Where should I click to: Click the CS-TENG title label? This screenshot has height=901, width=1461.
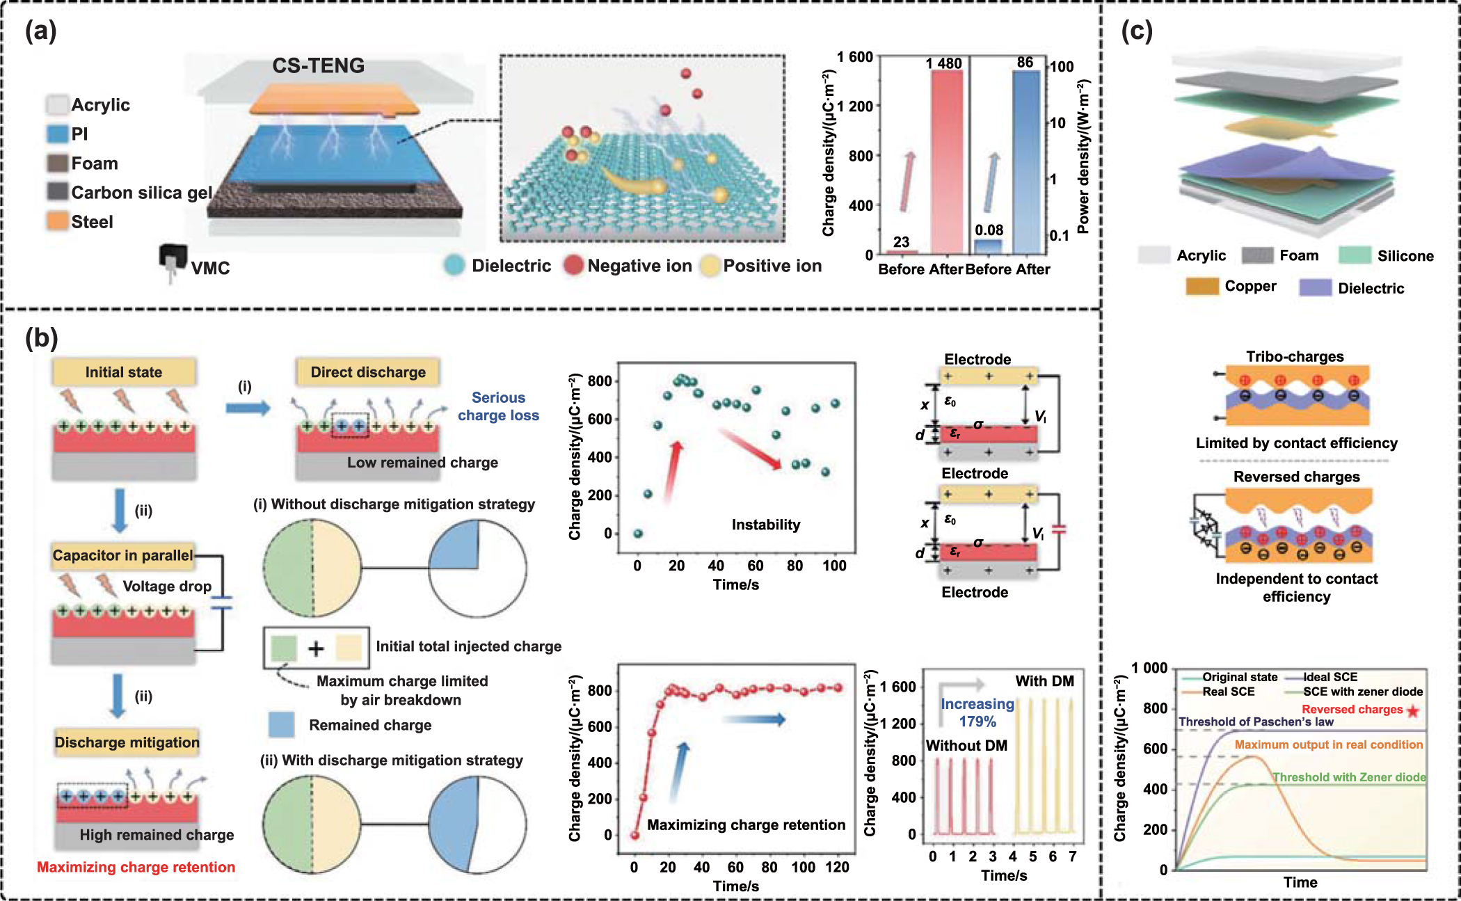(318, 65)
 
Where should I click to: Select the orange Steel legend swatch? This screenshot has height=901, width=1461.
(58, 221)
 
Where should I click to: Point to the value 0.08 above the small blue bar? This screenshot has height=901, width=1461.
(989, 230)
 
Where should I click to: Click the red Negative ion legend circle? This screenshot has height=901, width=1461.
(573, 265)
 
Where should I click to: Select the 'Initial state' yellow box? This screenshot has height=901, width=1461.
(124, 372)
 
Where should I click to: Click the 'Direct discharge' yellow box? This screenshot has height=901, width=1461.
(368, 372)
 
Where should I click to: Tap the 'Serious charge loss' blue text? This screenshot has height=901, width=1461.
(498, 406)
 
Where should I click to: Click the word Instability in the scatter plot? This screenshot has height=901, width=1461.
(765, 525)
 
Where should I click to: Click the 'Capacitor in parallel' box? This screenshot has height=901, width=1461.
(122, 555)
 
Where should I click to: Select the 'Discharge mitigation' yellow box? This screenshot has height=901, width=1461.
(127, 742)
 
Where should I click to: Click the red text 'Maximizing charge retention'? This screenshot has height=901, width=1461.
(136, 867)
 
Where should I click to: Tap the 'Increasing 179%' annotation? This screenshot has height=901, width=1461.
(977, 712)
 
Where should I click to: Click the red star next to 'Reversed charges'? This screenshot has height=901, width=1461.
(1412, 710)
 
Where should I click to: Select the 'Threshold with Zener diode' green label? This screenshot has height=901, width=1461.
(1349, 777)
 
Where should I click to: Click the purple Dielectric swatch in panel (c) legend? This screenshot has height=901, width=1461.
(1315, 288)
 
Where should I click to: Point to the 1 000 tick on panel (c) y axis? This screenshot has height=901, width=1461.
(1149, 668)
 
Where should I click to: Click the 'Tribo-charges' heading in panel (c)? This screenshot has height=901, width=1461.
(1295, 356)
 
